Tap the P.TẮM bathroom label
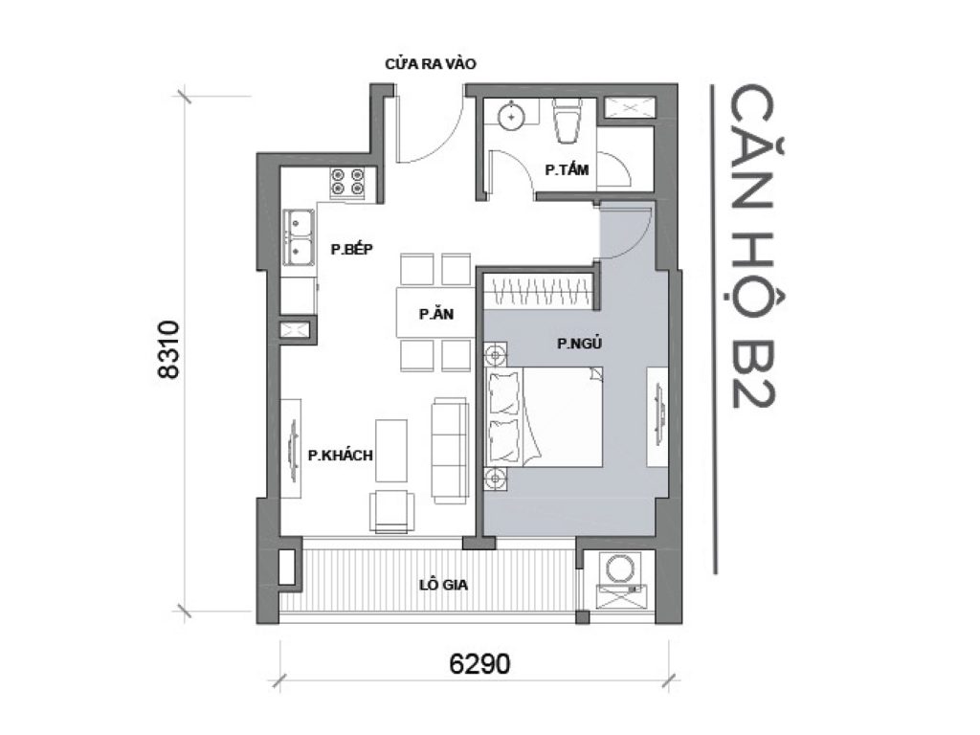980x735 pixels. (x=567, y=169)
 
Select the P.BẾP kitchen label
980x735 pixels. (x=351, y=249)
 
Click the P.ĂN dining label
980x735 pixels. (x=434, y=313)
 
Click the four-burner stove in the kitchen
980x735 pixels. (x=348, y=182)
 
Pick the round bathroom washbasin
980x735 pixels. (x=511, y=117)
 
